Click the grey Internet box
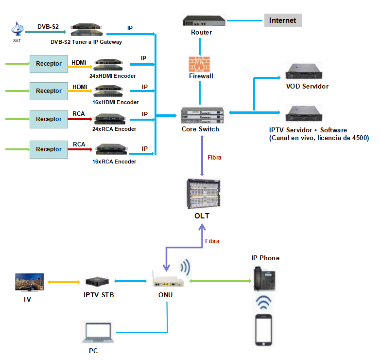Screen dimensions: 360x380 click(283, 20)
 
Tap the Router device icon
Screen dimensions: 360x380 click(204, 21)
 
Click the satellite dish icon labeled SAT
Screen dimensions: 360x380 click(17, 29)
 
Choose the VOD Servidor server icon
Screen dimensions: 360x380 click(304, 72)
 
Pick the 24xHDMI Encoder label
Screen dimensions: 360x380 click(112, 76)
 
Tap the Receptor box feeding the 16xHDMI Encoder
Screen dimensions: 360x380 click(49, 91)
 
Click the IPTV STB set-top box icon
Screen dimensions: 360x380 click(98, 281)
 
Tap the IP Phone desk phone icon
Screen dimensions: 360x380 click(265, 281)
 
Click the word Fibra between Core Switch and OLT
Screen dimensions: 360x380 click(214, 158)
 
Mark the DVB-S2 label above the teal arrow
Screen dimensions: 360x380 click(48, 26)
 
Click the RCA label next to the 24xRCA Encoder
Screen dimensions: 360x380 click(79, 114)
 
